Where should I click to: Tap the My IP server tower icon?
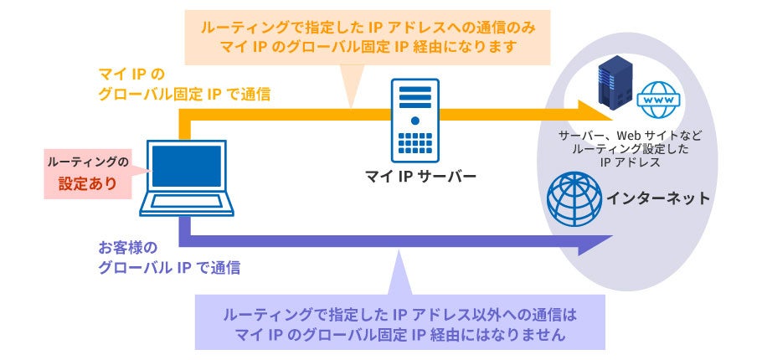[414, 120]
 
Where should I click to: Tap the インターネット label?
[658, 198]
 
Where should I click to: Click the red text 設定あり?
[87, 182]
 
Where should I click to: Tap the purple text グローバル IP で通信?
[169, 269]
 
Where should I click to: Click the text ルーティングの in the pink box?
[89, 160]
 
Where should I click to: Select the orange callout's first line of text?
[367, 27]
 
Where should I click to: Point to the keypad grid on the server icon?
[414, 144]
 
